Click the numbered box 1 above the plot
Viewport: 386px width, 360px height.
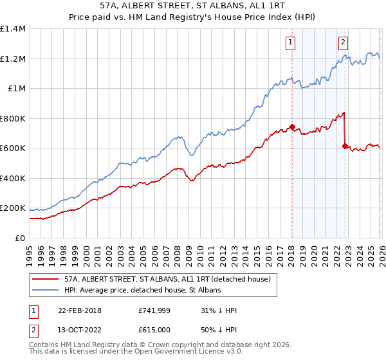291,43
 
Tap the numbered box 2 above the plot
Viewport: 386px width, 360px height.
343,43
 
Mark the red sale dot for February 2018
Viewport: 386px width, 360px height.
292,127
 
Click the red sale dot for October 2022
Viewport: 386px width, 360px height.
345,146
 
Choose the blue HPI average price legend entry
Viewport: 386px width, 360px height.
142,291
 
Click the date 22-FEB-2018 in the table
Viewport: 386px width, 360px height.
79,310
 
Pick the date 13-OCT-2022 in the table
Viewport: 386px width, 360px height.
79,330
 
